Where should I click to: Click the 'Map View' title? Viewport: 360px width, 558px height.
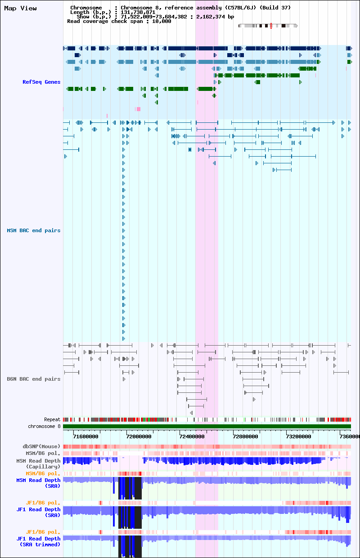click(x=20, y=8)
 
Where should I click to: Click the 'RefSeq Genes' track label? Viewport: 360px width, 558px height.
click(x=41, y=82)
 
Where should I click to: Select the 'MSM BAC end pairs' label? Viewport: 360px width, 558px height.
click(x=34, y=230)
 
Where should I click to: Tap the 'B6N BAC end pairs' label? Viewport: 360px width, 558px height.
click(x=34, y=379)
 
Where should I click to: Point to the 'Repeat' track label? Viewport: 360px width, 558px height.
click(x=52, y=419)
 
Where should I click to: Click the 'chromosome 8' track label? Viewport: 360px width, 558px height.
click(x=44, y=426)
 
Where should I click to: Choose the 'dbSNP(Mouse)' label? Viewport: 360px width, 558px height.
click(x=41, y=446)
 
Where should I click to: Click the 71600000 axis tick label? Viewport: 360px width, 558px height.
click(x=85, y=436)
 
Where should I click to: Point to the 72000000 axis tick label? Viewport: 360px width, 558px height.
click(x=139, y=436)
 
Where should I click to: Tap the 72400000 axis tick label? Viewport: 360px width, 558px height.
click(x=192, y=436)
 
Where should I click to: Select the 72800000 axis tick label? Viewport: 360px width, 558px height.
click(x=245, y=436)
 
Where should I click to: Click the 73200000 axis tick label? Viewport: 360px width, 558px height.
click(x=298, y=436)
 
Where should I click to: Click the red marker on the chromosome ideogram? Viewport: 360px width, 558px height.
click(x=271, y=26)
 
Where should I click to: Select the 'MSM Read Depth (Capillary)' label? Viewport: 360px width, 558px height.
click(x=38, y=463)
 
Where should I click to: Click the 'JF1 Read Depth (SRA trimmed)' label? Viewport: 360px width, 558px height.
click(x=38, y=541)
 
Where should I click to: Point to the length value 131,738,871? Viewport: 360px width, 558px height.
click(x=138, y=12)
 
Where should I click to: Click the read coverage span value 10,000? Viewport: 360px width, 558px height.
click(x=162, y=21)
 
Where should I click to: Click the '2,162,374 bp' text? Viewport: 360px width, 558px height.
click(x=215, y=17)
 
